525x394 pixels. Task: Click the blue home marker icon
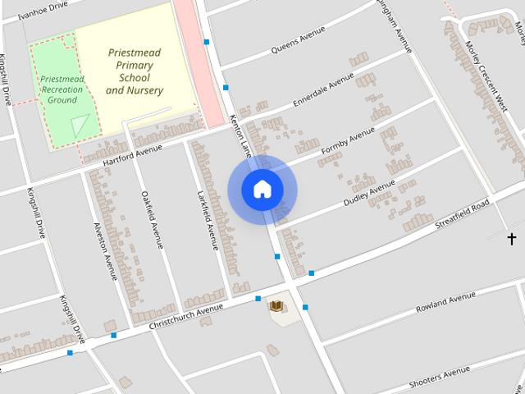coord(262,190)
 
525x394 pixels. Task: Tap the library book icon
coord(277,307)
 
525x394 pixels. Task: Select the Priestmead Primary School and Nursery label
coord(135,71)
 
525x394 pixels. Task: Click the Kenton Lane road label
coord(242,136)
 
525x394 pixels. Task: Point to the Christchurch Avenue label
coord(186,317)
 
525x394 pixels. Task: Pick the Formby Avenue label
coord(348,142)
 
